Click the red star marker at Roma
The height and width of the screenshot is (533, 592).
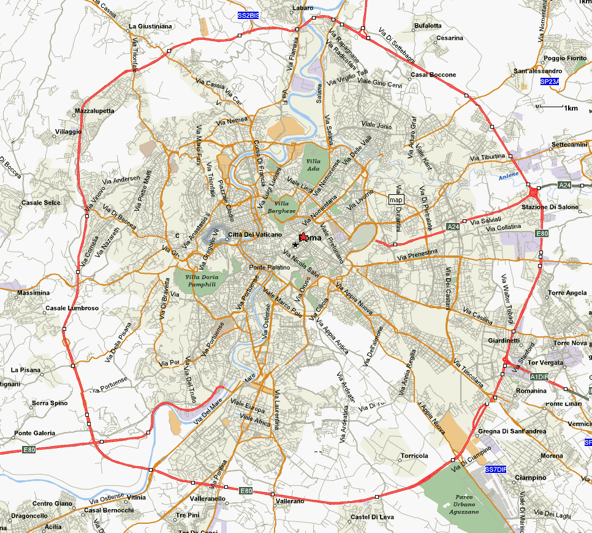click(x=303, y=237)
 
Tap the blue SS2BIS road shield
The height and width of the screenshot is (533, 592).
click(x=248, y=15)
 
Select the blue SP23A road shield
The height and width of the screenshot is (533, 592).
click(x=549, y=81)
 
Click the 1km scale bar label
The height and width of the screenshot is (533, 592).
click(x=571, y=108)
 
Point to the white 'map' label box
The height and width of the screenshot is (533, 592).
click(x=397, y=200)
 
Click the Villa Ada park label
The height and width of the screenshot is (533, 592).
click(x=313, y=165)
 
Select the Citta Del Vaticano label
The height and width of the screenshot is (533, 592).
click(x=255, y=235)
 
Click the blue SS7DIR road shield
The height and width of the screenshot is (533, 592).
click(x=495, y=469)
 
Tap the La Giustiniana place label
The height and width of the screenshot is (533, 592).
click(x=150, y=26)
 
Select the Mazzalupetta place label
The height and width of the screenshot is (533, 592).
click(x=94, y=111)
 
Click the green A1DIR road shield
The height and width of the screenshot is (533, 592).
click(x=539, y=376)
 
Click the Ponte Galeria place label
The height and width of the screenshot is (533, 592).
click(x=35, y=433)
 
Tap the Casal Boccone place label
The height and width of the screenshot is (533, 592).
click(x=433, y=75)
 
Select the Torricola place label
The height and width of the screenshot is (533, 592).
click(x=414, y=456)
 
